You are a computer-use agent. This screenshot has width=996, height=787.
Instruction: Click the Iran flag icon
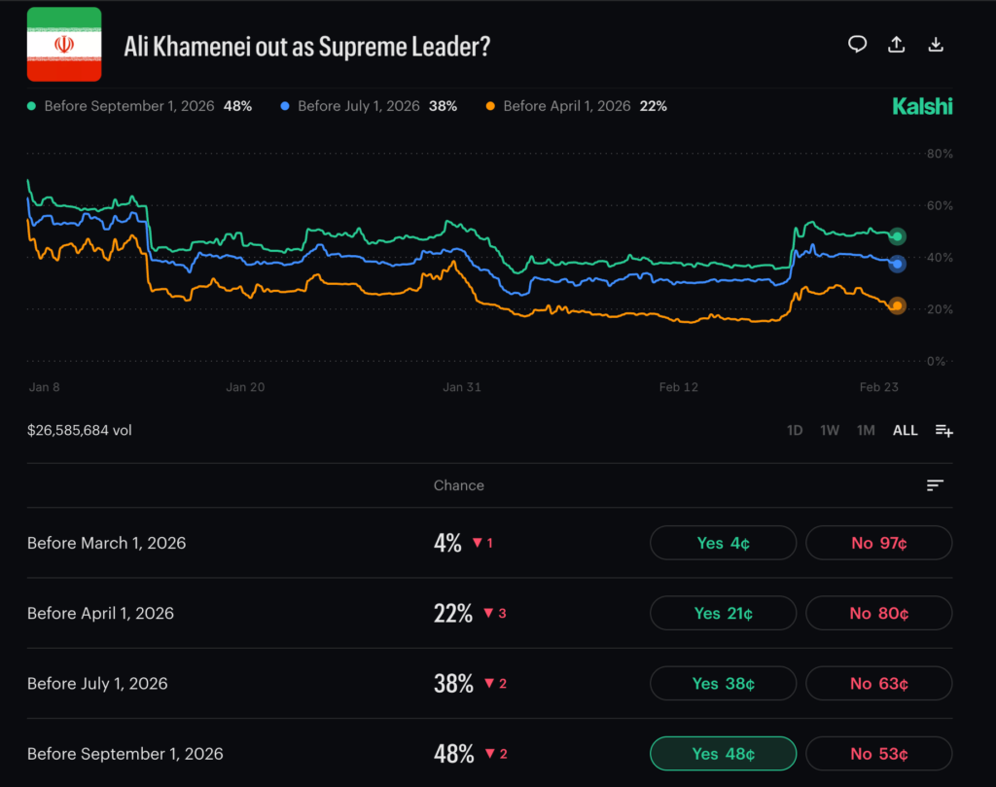click(x=64, y=45)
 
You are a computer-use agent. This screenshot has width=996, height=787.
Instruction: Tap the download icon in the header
click(x=936, y=45)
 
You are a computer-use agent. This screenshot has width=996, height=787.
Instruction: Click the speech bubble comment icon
click(x=857, y=45)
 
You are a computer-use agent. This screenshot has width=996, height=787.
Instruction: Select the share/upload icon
click(x=897, y=45)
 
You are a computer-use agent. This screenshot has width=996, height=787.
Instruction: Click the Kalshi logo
click(x=922, y=106)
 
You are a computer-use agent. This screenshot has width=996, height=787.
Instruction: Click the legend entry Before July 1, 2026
click(x=368, y=106)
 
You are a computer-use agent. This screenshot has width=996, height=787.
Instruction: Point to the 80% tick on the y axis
click(x=940, y=154)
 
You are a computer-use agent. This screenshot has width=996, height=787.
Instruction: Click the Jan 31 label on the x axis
click(x=462, y=387)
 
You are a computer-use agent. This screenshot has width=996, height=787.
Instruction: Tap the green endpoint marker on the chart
click(x=898, y=236)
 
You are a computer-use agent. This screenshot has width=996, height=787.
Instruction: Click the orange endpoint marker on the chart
click(x=897, y=305)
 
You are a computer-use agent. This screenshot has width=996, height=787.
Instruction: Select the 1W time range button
click(x=830, y=430)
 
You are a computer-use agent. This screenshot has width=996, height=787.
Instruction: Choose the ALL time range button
click(x=905, y=430)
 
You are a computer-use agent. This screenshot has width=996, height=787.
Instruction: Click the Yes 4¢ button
click(x=723, y=543)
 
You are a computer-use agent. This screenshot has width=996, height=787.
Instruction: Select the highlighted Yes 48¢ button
click(x=723, y=754)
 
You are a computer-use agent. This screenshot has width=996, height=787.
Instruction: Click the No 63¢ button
click(x=878, y=684)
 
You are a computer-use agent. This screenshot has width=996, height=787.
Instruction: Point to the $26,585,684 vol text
click(x=80, y=430)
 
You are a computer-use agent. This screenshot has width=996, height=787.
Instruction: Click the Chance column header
click(x=458, y=485)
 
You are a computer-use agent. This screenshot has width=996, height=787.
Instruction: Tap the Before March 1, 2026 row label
click(x=106, y=543)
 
